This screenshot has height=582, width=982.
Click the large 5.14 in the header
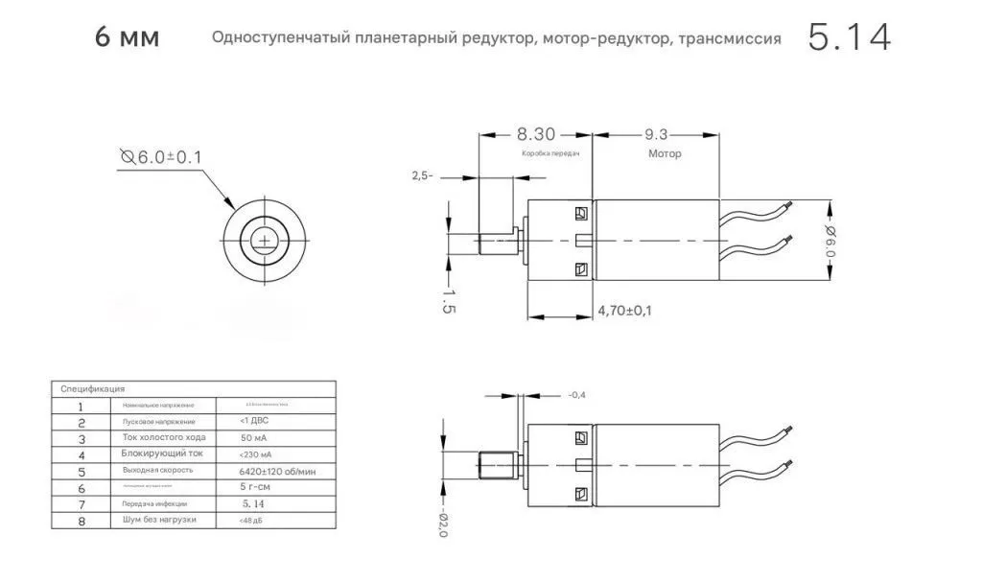pyautogui.click(x=849, y=37)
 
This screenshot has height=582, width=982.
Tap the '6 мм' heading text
pyautogui.click(x=128, y=38)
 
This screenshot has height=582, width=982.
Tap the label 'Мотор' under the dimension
pyautogui.click(x=664, y=153)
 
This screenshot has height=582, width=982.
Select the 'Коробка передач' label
pyautogui.click(x=550, y=153)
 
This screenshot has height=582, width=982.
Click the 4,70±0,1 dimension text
pyautogui.click(x=624, y=311)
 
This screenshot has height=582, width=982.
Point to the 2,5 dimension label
pyautogui.click(x=422, y=175)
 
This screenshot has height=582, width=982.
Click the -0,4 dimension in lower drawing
pyautogui.click(x=576, y=395)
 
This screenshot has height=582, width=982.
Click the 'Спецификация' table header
pyautogui.click(x=92, y=389)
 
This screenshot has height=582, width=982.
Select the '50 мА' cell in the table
pyautogui.click(x=255, y=437)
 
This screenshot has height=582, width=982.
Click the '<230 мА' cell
pyautogui.click(x=254, y=454)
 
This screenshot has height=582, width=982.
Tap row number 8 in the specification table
pyautogui.click(x=82, y=521)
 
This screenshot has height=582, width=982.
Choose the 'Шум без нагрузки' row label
pyautogui.click(x=158, y=520)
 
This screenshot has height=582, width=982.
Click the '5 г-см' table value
pyautogui.click(x=254, y=487)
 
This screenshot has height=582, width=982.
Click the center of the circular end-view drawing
pyautogui.click(x=263, y=240)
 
